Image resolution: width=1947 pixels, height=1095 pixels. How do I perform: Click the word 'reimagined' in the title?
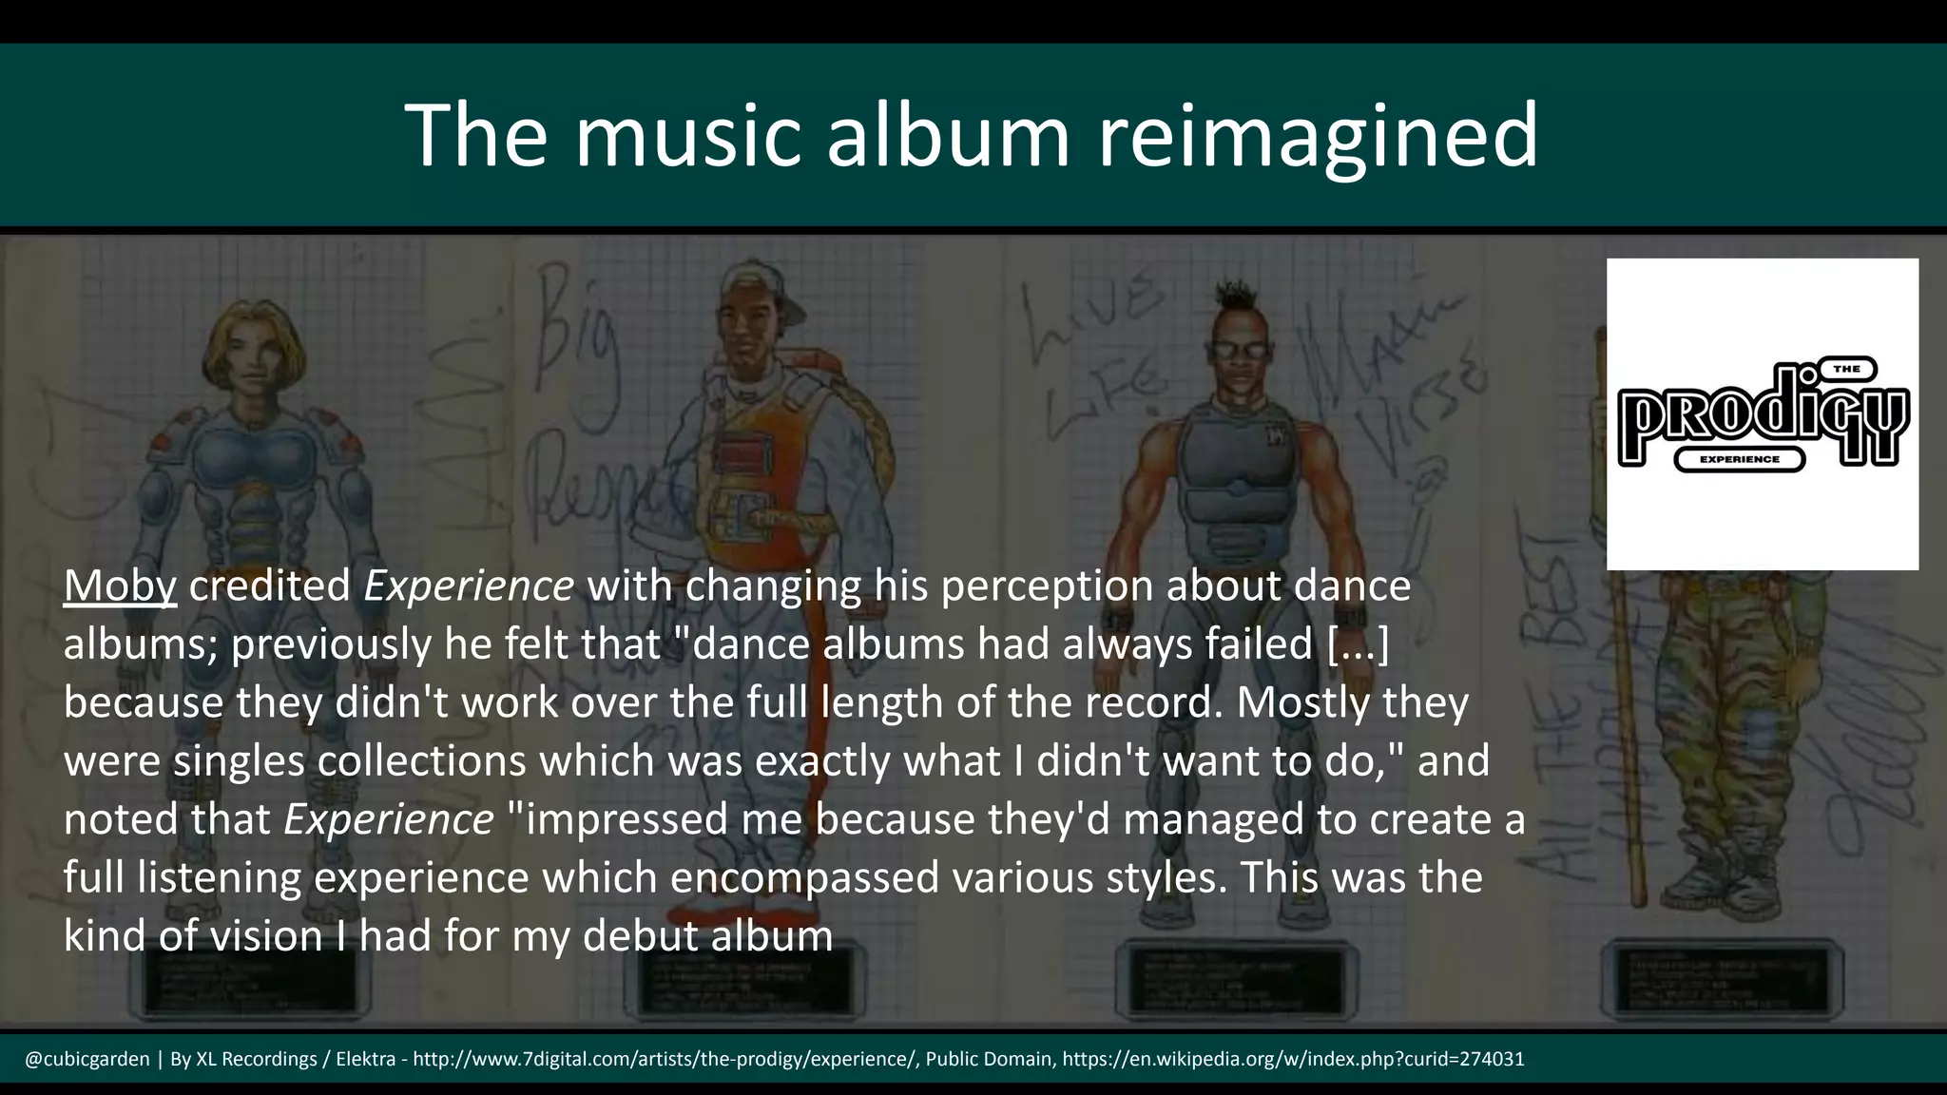pos(1318,135)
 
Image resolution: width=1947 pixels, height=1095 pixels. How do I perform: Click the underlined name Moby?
pos(120,586)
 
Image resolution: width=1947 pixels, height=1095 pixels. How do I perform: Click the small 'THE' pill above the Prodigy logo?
pos(1846,369)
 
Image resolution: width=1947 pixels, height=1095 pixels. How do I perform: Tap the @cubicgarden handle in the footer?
pos(87,1059)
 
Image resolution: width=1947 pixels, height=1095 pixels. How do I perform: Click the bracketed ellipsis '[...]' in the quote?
pos(1358,644)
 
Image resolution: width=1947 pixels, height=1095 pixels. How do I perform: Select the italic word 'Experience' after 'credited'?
pos(469,586)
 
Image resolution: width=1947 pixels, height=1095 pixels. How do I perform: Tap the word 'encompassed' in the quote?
pos(804,876)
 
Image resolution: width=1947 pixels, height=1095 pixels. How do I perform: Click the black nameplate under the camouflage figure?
pos(1721,979)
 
